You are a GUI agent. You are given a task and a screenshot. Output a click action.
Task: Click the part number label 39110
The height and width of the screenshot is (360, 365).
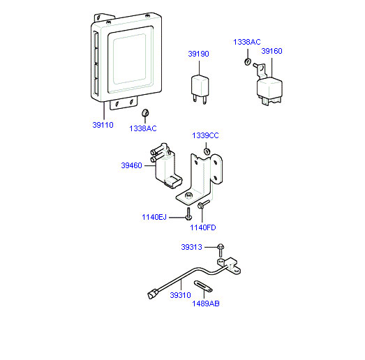103,125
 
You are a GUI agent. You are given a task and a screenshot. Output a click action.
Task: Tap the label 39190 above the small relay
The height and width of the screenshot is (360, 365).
199,54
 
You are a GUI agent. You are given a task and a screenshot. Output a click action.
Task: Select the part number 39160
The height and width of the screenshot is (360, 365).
271,51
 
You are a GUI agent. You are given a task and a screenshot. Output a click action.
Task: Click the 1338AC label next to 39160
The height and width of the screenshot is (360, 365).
247,42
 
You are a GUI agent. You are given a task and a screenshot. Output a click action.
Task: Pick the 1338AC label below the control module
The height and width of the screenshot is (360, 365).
143,128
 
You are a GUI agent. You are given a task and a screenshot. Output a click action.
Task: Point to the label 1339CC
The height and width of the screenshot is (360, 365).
205,135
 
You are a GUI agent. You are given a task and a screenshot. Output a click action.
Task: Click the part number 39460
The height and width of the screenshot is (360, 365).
131,165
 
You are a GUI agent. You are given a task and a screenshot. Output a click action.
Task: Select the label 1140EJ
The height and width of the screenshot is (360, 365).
154,217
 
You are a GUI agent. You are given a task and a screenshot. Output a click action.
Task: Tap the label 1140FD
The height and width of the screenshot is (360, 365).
203,227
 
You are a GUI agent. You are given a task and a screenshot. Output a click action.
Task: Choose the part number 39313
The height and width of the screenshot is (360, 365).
192,247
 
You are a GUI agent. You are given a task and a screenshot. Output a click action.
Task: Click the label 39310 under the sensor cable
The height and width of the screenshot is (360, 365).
180,295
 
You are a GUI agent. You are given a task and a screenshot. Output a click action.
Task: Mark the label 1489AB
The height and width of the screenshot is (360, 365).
206,303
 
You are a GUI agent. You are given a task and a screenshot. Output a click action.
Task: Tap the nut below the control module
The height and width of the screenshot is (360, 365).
145,113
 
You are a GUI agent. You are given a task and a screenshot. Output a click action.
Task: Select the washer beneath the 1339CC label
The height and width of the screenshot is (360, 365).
207,151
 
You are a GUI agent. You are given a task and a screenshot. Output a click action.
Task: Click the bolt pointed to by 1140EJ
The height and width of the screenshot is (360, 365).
188,214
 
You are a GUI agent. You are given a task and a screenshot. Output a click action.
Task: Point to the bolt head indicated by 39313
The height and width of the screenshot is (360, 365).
221,247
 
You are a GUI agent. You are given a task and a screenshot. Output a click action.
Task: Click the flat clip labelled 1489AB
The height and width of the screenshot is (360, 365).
203,286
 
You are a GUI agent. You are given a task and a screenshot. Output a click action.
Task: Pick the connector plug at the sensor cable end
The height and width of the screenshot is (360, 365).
153,294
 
